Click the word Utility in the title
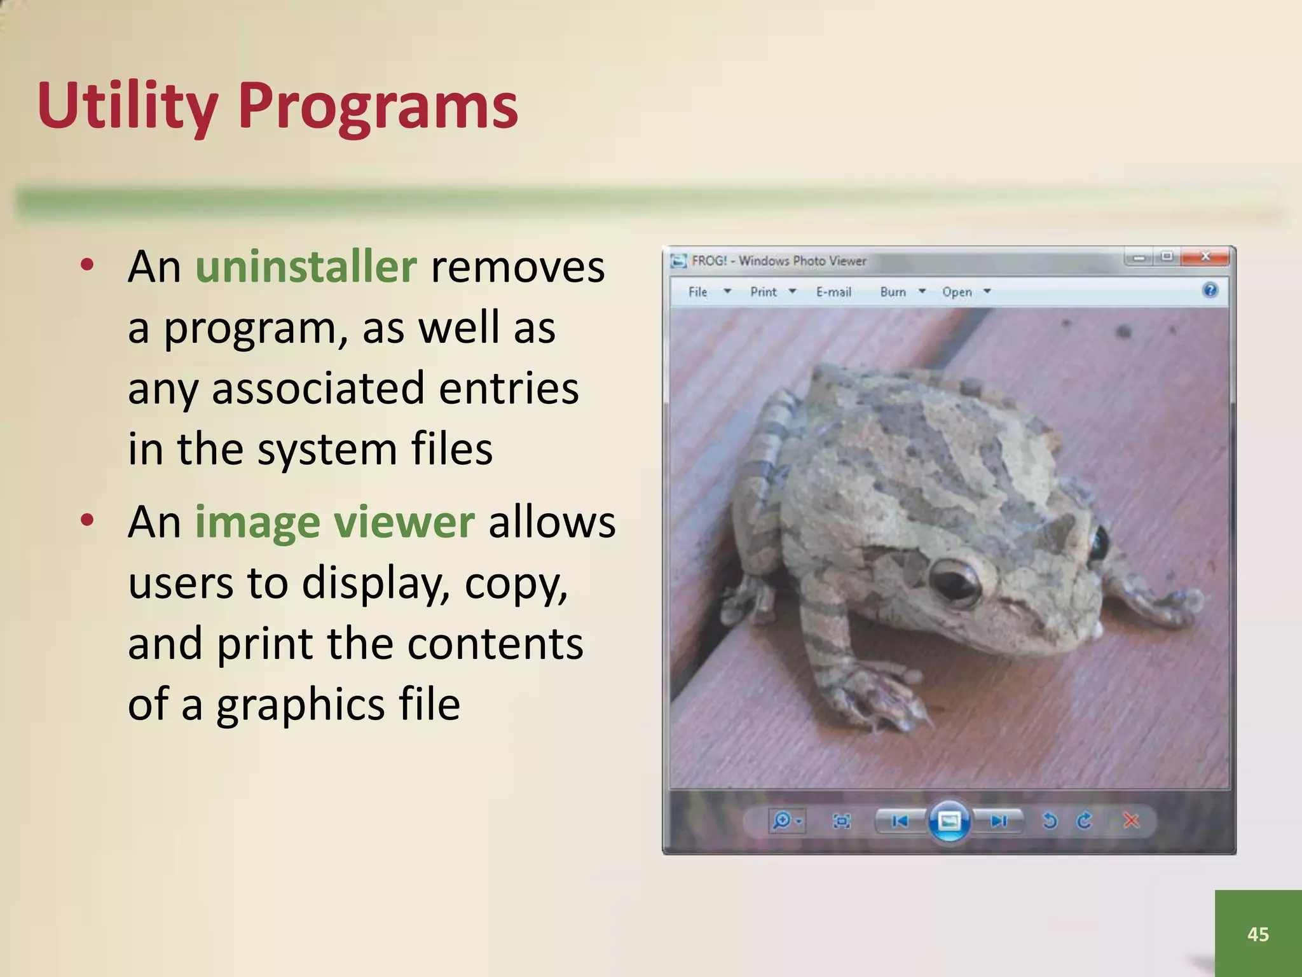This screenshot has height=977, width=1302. pos(127,107)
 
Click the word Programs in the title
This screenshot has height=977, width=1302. pos(378,107)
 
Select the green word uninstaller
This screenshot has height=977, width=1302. pos(306,267)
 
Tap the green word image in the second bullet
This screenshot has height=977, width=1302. pos(257,523)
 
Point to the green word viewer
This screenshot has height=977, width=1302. pos(404,523)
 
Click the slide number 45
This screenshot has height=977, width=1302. pos(1258,934)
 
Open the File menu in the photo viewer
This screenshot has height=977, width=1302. pos(698,292)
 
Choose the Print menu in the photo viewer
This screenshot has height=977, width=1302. pos(764,292)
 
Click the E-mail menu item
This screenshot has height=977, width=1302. pos(833,292)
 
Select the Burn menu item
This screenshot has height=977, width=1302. pos(893,292)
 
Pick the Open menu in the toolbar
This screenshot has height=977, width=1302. pos(957,292)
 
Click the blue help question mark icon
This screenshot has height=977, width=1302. pos(1210,291)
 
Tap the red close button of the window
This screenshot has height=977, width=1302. pos(1205,257)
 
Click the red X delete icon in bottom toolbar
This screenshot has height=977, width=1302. pos(1131,821)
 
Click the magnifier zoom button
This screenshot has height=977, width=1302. pos(783,821)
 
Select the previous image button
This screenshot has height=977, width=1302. pos(900,821)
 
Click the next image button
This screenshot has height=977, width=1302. pos(999,821)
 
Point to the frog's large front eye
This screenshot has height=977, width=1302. pos(955,579)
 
